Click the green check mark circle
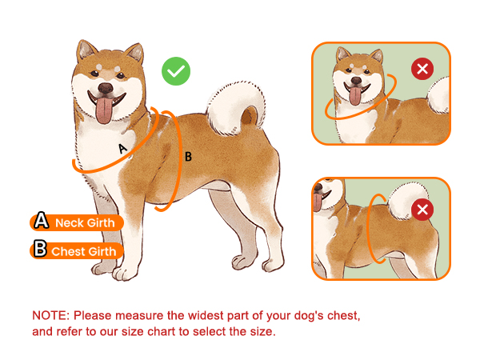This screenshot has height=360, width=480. (176, 71)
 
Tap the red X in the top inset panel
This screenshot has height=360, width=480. (422, 69)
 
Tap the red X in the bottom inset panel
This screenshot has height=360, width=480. (422, 210)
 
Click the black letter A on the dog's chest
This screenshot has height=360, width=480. (122, 149)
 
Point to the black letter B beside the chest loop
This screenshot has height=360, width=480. (188, 157)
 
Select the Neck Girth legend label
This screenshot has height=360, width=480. (77, 222)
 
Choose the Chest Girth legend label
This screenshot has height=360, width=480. (77, 251)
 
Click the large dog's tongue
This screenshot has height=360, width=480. (104, 110)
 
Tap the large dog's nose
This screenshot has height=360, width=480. (106, 88)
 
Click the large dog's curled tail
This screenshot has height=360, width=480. (236, 107)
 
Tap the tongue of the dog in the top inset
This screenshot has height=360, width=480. (355, 96)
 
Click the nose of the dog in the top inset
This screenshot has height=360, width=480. (356, 81)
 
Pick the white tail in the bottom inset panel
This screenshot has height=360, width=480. (409, 201)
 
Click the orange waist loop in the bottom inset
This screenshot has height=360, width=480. (368, 229)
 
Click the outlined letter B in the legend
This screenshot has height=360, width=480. (40, 248)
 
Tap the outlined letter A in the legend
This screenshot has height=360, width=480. (41, 220)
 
